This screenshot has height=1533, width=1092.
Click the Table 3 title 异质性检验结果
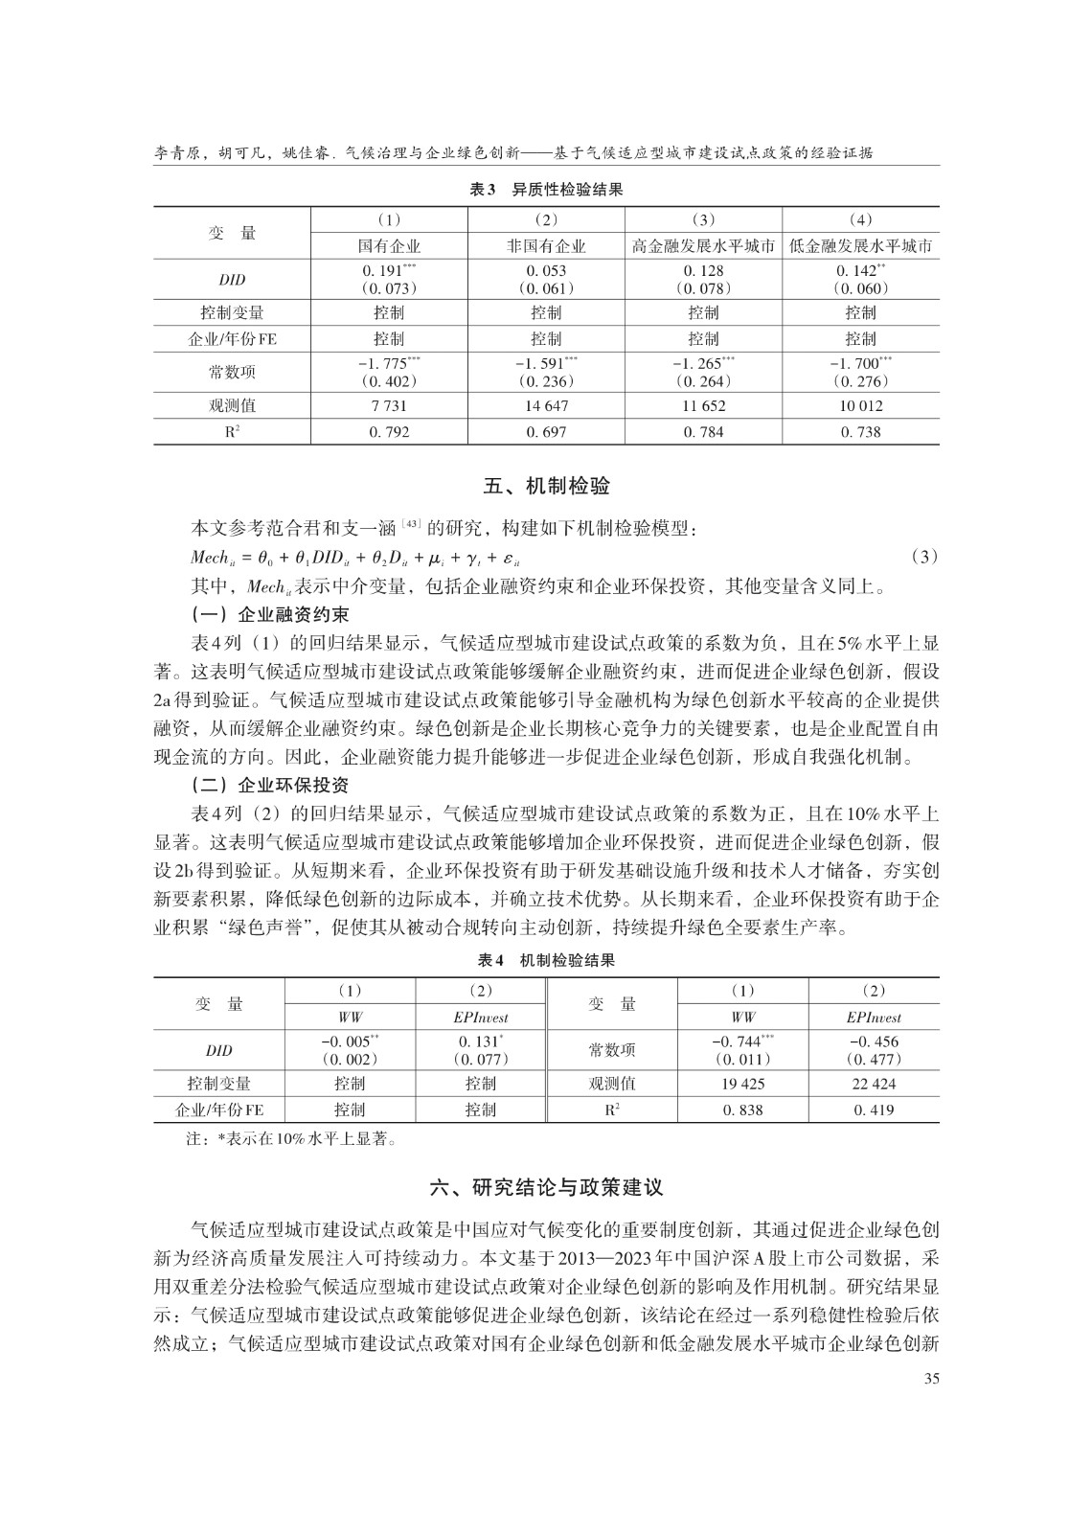click(546, 190)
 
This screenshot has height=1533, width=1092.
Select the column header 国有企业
click(389, 246)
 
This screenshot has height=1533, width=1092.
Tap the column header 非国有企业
click(546, 246)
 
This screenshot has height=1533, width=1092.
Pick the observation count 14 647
click(546, 405)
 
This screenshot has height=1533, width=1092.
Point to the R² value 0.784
click(703, 432)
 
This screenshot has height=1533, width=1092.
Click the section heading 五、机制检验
click(546, 487)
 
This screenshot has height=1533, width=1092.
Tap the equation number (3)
click(922, 557)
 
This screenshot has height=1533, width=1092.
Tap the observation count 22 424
click(873, 1084)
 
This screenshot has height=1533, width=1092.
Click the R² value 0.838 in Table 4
click(742, 1110)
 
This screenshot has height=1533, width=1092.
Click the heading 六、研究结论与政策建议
click(546, 1187)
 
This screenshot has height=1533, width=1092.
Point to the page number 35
click(929, 1379)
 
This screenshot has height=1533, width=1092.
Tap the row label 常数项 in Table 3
click(232, 372)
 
